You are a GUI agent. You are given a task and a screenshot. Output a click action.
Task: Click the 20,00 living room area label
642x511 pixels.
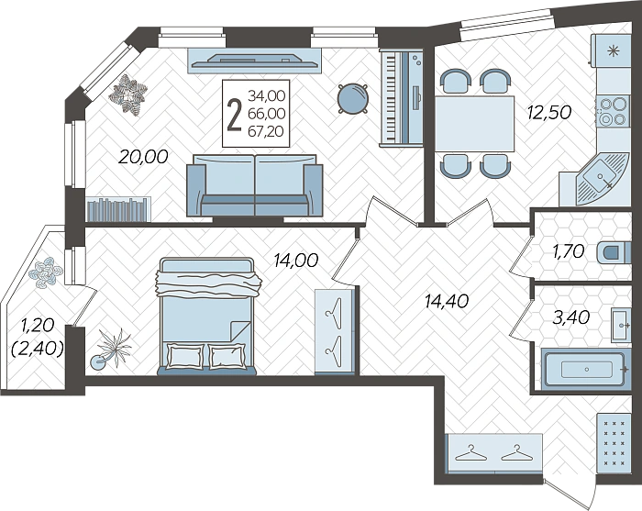pos(143,157)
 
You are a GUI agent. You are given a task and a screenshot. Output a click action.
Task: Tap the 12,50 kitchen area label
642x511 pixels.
pos(549,112)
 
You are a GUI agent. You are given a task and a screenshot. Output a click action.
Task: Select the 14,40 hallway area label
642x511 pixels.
pos(447,302)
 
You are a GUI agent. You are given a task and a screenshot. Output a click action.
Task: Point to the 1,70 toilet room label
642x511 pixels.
pos(569,251)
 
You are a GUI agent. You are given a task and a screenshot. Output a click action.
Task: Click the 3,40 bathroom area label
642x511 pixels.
pos(571,317)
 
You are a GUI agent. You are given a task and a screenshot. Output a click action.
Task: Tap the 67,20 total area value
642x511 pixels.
pos(266,131)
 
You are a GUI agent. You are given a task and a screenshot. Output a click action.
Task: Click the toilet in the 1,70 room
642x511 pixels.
pos(614,251)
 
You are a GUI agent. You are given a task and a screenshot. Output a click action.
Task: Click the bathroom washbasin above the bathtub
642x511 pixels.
pos(622,325)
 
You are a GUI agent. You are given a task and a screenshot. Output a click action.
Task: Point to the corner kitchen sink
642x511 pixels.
pos(602,179)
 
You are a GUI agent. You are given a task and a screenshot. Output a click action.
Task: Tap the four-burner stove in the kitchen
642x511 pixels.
pos(613,111)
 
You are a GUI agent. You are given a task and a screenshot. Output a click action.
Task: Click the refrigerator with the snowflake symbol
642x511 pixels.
pos(611,50)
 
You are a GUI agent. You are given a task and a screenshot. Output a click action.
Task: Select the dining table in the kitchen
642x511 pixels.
pos(474,124)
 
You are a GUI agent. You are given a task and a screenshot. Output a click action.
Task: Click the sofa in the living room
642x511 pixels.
pos(255,185)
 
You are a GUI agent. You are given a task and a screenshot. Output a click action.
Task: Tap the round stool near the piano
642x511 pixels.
pos(352,98)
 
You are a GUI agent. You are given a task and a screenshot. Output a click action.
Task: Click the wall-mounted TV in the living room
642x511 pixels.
pos(255,61)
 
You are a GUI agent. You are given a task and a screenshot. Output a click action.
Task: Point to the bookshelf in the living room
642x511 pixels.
pos(118,210)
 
